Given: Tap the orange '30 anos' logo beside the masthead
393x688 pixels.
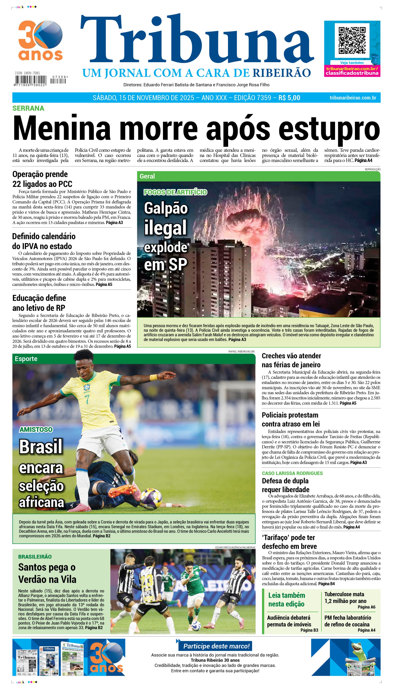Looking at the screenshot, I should pos(41,41).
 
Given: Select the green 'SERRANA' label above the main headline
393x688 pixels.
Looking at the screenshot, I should pos(28,108).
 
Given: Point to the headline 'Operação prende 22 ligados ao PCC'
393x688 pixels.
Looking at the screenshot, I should pos(42,179).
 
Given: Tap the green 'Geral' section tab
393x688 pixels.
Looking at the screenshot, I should pos(147,176).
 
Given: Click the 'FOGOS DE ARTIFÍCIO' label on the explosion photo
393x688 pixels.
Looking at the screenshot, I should pos(175,192).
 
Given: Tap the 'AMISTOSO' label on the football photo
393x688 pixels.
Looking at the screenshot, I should pos(36,429).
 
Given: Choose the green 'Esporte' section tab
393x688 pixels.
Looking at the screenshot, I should pos(26,359).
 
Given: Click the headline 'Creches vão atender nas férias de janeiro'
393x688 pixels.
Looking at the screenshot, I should pos(291,360).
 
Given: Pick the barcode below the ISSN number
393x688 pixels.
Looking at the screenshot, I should pos(30,80).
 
